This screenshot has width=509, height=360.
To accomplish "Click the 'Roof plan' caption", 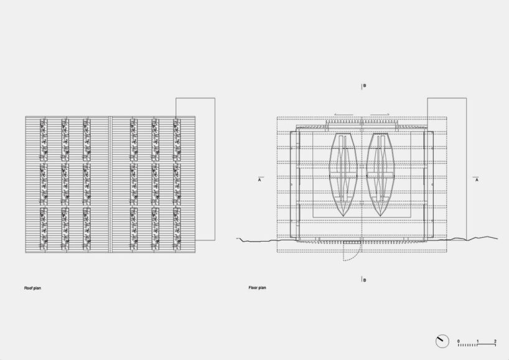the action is (x=32, y=288).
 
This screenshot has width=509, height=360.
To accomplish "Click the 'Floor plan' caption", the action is (x=258, y=288).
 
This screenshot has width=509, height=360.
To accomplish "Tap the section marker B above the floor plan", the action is (x=365, y=86).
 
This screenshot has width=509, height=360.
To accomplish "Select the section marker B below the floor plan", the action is (x=365, y=280).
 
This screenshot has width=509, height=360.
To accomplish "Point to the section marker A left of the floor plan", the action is (x=259, y=179).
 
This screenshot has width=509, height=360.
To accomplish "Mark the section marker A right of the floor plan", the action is (x=477, y=179).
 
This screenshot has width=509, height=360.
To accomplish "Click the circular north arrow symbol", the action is (x=442, y=341).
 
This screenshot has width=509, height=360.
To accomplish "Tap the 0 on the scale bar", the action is (x=459, y=341).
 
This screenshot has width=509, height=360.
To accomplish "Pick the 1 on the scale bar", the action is (x=477, y=341).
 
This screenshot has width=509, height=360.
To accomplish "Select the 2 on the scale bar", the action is (x=495, y=341).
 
